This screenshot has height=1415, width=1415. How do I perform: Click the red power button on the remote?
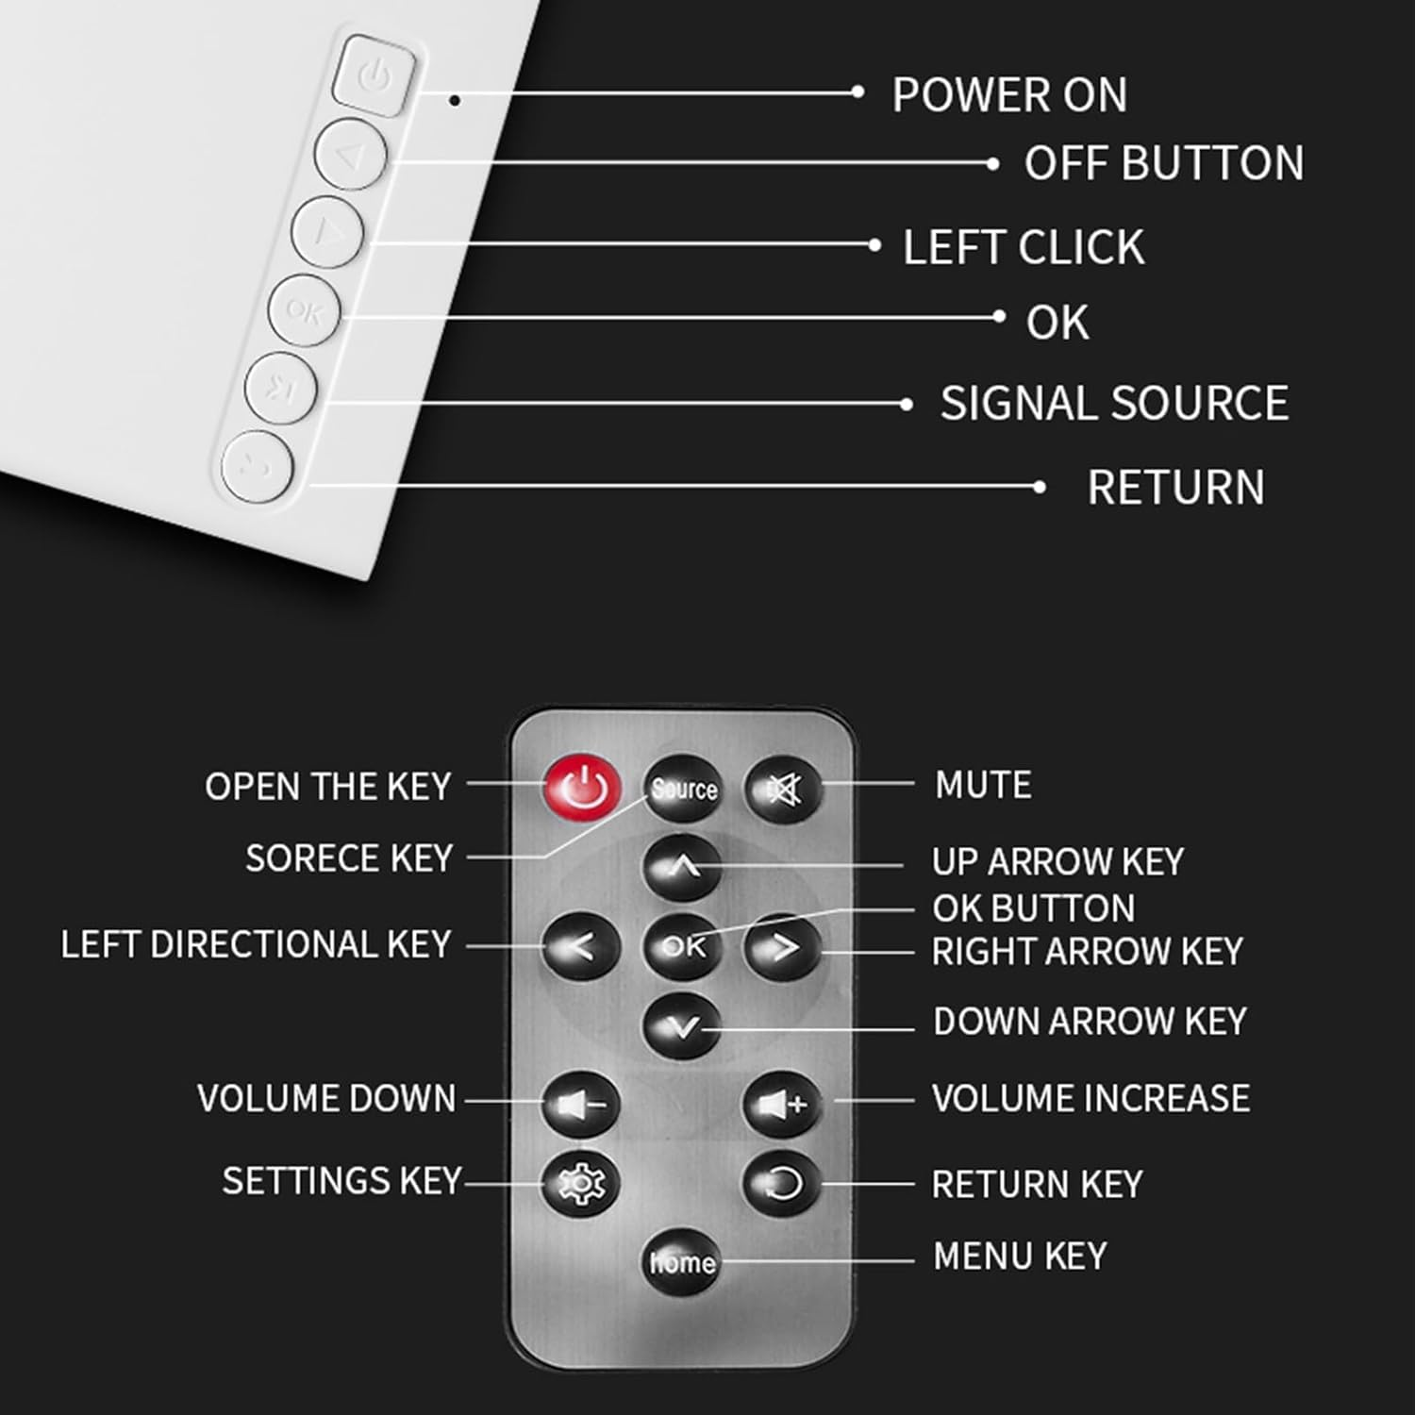click(x=582, y=788)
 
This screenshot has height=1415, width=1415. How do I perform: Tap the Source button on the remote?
click(x=683, y=789)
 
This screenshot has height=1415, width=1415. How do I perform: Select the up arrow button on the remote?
click(x=682, y=866)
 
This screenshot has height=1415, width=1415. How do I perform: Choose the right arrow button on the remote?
click(x=783, y=946)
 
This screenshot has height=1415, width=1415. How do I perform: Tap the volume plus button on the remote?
click(x=782, y=1103)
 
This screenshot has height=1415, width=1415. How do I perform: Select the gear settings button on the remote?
click(x=580, y=1182)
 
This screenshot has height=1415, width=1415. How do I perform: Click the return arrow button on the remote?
click(x=782, y=1183)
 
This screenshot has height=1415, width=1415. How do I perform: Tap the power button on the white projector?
click(x=375, y=75)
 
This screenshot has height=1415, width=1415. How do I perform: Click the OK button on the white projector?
click(x=303, y=310)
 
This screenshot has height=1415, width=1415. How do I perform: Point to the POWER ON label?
click(x=1009, y=95)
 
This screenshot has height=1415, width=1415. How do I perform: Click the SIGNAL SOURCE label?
click(x=1114, y=404)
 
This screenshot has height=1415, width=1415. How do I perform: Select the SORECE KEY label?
click(x=349, y=858)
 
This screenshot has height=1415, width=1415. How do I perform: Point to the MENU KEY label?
click(x=1020, y=1257)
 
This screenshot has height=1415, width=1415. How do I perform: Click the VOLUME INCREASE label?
click(x=1090, y=1099)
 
